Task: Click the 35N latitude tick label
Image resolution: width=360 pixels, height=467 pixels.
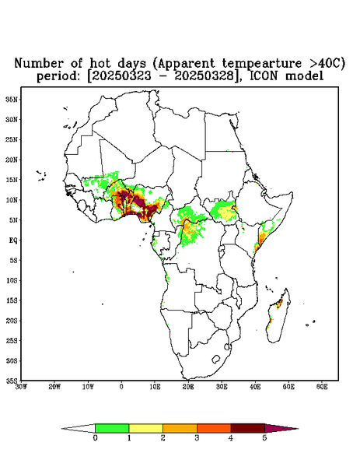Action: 12,100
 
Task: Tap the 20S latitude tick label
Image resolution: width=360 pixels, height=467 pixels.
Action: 12,321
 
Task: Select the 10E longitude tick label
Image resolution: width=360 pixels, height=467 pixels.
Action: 155,387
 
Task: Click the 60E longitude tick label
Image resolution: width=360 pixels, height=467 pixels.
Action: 322,387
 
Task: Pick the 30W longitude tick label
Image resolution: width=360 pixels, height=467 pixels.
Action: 22,387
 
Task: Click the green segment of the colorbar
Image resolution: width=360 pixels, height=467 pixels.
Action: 112,428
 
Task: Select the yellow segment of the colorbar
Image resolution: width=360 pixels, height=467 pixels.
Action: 145,428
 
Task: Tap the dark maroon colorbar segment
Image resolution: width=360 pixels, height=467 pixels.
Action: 248,428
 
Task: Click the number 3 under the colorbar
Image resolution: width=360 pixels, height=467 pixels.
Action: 197,438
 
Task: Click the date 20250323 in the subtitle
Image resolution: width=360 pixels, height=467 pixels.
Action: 121,76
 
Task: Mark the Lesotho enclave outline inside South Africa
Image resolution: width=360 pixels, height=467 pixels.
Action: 215,359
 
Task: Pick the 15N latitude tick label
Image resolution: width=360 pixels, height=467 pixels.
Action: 12,180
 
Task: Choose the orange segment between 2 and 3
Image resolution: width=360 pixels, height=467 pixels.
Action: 180,428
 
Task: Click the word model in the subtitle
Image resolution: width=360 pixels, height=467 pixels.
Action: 304,75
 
